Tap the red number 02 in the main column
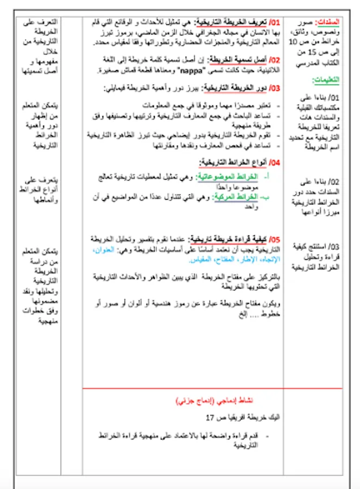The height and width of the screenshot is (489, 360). pos(275,60)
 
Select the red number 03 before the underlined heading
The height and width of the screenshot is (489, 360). pos(275,87)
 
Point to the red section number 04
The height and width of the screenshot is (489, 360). pos(275,162)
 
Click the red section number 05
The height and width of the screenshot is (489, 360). pos(275,239)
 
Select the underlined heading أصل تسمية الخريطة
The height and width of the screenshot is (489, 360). pos(239,60)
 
